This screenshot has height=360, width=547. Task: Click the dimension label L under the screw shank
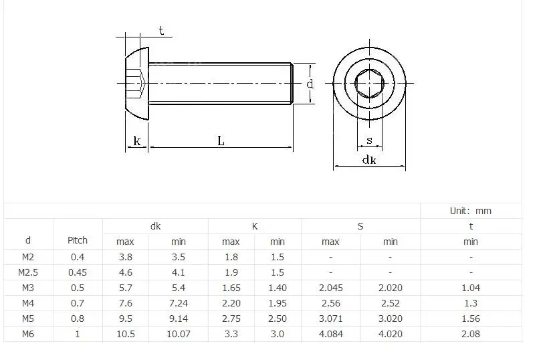click(x=221, y=141)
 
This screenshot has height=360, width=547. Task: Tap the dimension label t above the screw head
click(x=161, y=31)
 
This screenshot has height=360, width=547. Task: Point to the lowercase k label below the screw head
click(x=136, y=141)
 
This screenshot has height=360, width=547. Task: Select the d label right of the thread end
click(x=310, y=84)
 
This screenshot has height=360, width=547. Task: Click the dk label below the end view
click(x=369, y=159)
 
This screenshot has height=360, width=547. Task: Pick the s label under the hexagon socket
click(x=369, y=141)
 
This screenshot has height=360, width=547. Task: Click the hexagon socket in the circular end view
click(x=369, y=84)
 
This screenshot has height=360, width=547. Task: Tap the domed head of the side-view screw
click(x=137, y=84)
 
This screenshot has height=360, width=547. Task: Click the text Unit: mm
click(x=471, y=211)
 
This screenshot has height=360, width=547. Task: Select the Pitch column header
click(x=78, y=240)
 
